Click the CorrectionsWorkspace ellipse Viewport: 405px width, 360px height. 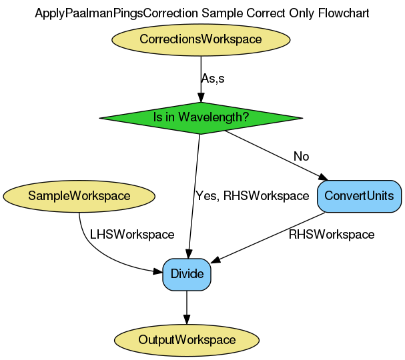[200, 39]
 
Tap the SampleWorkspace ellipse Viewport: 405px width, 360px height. [79, 196]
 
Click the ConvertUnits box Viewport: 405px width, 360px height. [360, 196]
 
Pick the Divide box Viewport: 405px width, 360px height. [187, 274]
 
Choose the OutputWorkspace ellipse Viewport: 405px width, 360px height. [187, 340]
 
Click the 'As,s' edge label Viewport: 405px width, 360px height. [212, 79]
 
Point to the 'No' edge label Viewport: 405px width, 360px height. [301, 157]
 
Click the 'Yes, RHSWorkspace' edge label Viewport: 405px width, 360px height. [252, 196]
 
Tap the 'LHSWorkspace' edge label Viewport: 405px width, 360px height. [131, 235]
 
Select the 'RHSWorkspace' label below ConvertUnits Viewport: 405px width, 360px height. [331, 235]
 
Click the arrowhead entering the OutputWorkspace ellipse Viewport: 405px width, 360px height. [187, 320]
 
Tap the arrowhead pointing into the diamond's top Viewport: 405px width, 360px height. [200, 97]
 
